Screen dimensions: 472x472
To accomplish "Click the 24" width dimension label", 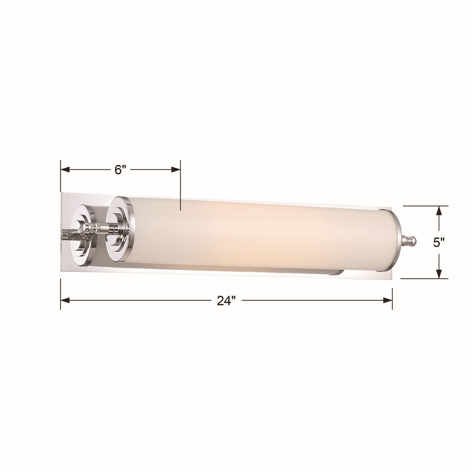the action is point(226,301).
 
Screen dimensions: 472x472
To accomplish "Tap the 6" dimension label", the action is point(120,170).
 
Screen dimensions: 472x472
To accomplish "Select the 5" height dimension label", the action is point(439,242).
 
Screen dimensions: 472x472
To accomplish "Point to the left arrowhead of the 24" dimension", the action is point(65,300).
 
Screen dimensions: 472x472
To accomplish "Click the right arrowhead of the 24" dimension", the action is point(388,300).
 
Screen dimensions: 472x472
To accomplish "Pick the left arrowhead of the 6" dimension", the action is point(65,170).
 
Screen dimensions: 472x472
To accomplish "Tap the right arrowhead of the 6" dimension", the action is point(176,170).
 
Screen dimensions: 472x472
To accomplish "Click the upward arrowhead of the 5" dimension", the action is point(439,211).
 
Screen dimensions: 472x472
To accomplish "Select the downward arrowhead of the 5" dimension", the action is point(439,274).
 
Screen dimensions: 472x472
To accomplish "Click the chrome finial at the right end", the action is point(409,241).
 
